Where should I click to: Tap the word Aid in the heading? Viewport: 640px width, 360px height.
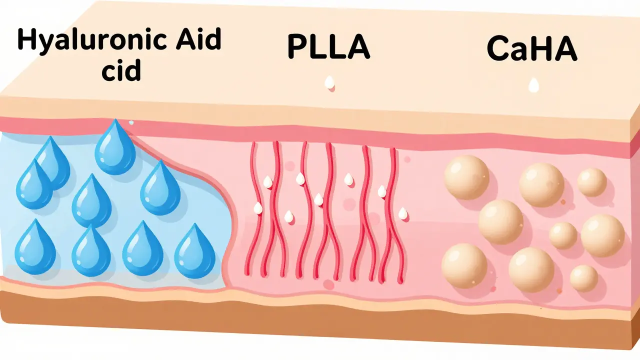click(198, 39)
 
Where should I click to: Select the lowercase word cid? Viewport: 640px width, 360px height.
click(121, 69)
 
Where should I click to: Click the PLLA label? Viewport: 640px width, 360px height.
click(328, 46)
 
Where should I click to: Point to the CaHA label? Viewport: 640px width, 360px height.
click(532, 48)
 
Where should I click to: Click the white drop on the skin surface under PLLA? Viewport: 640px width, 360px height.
click(329, 82)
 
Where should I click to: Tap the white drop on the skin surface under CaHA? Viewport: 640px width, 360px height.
click(533, 85)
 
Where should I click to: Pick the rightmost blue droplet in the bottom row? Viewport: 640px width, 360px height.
click(195, 250)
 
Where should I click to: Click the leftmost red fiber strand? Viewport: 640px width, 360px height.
click(251, 208)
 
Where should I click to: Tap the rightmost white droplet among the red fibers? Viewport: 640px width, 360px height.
click(402, 213)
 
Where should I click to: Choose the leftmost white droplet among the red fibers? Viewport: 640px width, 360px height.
click(258, 208)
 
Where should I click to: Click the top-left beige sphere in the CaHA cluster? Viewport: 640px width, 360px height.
click(466, 177)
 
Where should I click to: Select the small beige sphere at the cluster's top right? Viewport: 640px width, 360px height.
click(592, 182)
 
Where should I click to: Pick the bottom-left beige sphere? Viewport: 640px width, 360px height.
click(464, 265)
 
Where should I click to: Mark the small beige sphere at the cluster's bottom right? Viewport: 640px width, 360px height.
click(584, 278)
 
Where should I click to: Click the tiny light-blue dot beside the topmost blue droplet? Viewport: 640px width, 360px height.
click(131, 122)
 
